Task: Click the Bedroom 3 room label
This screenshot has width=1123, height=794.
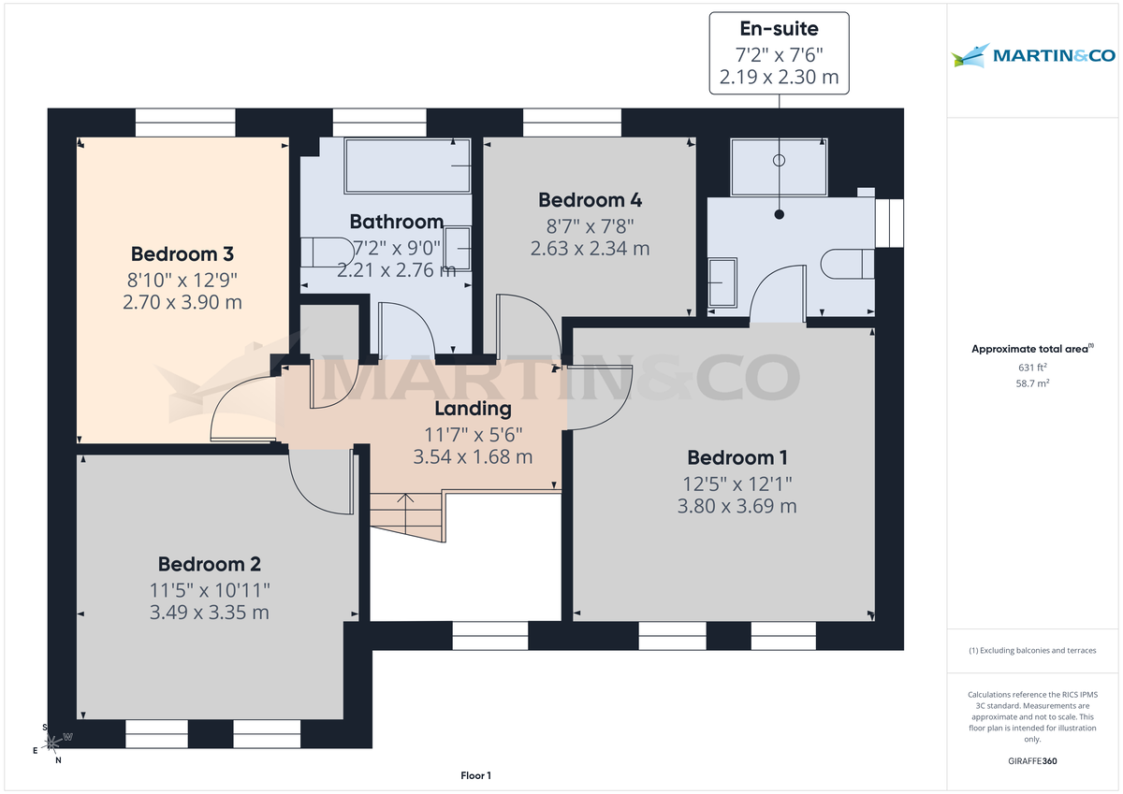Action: pyautogui.click(x=182, y=253)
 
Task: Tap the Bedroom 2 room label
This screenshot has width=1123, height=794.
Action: pyautogui.click(x=209, y=564)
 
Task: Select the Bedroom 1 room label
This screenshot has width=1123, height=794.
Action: pyautogui.click(x=737, y=457)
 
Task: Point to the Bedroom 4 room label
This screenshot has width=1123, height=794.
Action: pyautogui.click(x=590, y=199)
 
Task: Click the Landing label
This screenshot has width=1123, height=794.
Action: pyautogui.click(x=473, y=409)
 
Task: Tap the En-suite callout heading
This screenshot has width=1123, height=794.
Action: pyautogui.click(x=779, y=29)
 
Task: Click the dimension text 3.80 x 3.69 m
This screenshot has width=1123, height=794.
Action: pyautogui.click(x=737, y=506)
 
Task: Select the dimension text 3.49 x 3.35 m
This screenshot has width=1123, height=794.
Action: pyautogui.click(x=209, y=613)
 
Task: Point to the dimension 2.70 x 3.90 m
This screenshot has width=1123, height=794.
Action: pyautogui.click(x=182, y=302)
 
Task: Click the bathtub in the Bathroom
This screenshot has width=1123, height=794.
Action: pyautogui.click(x=407, y=166)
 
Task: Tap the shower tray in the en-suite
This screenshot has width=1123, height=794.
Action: pyautogui.click(x=779, y=168)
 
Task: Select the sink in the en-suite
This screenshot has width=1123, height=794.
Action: pyautogui.click(x=722, y=282)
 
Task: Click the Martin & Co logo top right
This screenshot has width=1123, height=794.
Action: pyautogui.click(x=1033, y=55)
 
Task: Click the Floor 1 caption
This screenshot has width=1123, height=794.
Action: pyautogui.click(x=475, y=775)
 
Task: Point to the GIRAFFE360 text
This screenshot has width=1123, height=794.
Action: pyautogui.click(x=1032, y=761)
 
